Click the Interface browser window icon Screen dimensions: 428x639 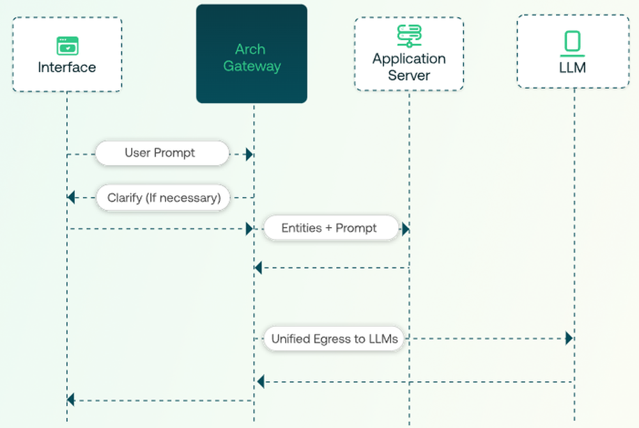coord(67,45)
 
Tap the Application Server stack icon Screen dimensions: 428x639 coord(409,36)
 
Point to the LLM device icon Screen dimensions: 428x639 coord(573,44)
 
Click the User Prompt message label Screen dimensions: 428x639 coord(160,154)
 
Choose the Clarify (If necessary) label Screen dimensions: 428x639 coord(164,198)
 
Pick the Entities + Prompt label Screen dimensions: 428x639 coord(329,228)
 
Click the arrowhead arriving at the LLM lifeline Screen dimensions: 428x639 coord(569,338)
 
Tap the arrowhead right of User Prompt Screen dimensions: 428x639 coord(250,154)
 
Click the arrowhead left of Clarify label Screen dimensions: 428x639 coord(71,198)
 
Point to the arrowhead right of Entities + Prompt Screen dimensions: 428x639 coord(405,228)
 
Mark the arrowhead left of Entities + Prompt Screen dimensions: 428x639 coord(250,228)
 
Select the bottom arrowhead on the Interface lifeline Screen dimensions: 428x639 coord(71,400)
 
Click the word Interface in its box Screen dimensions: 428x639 coord(67,67)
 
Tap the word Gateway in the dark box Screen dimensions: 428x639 coord(252,66)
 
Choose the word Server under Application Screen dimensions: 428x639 coord(409,75)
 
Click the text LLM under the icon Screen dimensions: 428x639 coord(573,67)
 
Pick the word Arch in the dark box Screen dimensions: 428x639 coord(250,49)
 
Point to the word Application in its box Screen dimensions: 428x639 coord(409,59)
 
